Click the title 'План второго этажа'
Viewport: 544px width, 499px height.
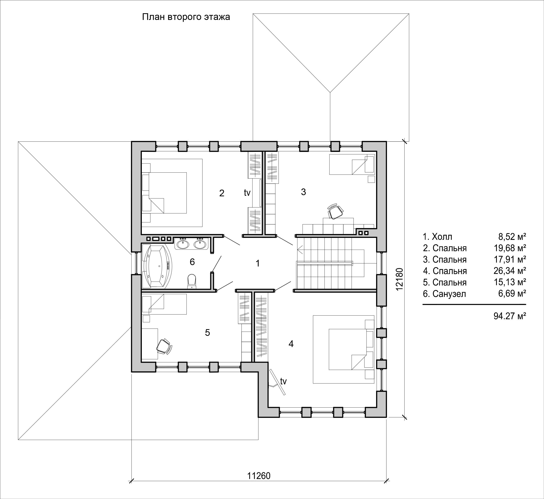pos(186,17)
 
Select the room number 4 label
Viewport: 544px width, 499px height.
pos(291,344)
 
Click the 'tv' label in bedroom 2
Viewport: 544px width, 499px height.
pos(247,193)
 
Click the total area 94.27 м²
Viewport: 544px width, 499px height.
pos(510,316)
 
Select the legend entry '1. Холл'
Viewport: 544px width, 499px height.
pos(437,237)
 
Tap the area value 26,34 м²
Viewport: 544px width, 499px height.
pos(510,271)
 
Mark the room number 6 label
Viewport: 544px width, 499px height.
pos(192,262)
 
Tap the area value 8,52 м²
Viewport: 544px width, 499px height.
pos(512,237)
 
